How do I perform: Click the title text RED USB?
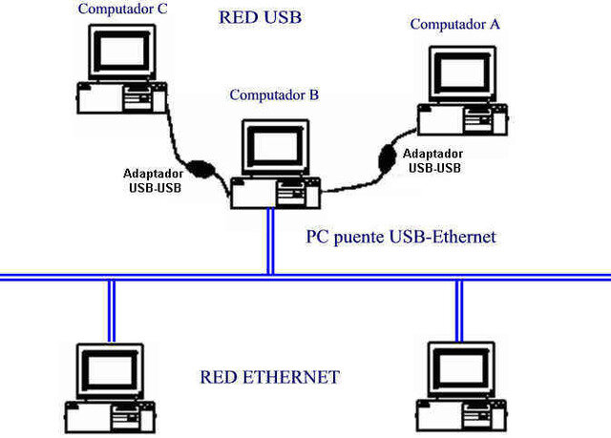[x=261, y=17]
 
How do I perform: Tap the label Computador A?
[x=454, y=24]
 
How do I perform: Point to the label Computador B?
[x=274, y=94]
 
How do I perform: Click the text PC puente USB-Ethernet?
[x=401, y=236]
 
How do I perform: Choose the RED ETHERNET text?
[x=269, y=377]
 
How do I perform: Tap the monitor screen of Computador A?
[x=463, y=73]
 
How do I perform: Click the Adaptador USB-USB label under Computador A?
[x=433, y=160]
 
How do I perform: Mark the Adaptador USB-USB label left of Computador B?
[x=154, y=180]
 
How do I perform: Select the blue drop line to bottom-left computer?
[x=112, y=310]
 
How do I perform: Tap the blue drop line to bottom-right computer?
[x=458, y=310]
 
